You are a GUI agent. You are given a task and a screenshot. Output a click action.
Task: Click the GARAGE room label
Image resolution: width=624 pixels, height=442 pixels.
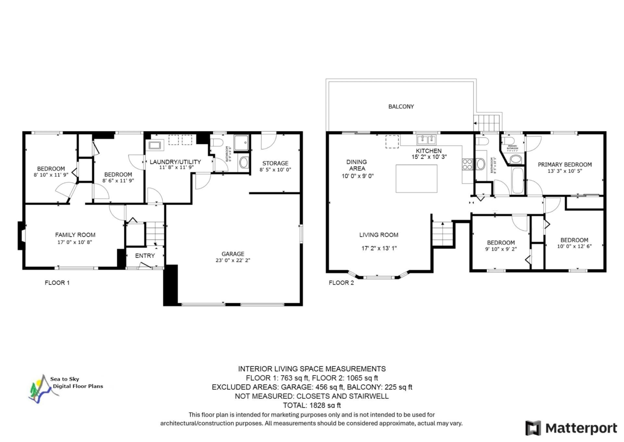coord(232,254)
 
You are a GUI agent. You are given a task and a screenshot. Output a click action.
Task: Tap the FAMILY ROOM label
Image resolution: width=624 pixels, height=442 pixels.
coord(75,235)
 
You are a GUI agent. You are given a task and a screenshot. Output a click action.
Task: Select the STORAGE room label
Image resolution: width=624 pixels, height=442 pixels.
coord(275,163)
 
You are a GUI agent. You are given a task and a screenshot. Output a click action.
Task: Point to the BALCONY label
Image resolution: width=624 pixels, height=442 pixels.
coord(401,107)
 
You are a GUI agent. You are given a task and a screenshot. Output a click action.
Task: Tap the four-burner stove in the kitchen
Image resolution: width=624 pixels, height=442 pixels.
coord(466,165)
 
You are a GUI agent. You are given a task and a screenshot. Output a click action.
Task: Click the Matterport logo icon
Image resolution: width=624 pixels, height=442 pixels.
coord(533,428)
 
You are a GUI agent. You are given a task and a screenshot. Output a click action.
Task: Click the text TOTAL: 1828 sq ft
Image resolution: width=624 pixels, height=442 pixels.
coord(311,405)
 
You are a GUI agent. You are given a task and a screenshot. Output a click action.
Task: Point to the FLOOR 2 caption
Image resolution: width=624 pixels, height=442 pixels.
coord(341,283)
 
